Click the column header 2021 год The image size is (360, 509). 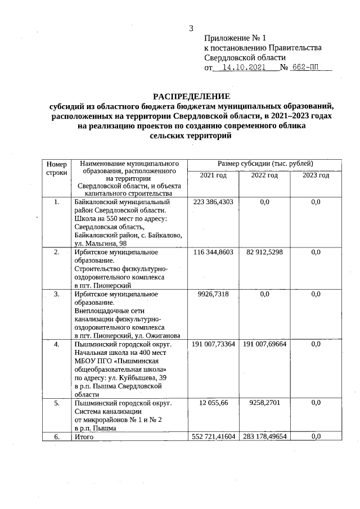click(x=213, y=175)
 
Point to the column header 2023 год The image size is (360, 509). click(x=316, y=175)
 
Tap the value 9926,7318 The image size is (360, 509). click(x=213, y=294)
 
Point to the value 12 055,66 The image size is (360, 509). click(x=213, y=403)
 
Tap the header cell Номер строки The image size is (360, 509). click(x=57, y=168)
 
